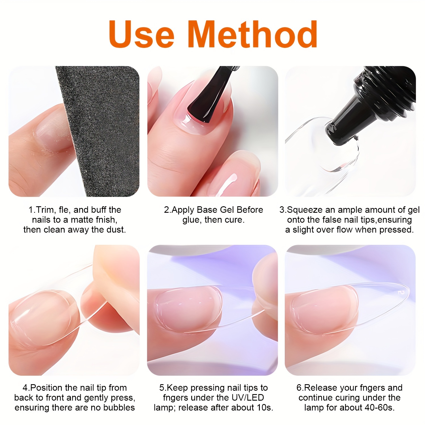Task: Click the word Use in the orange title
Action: pyautogui.click(x=142, y=35)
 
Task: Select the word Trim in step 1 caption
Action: pyautogui.click(x=45, y=210)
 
